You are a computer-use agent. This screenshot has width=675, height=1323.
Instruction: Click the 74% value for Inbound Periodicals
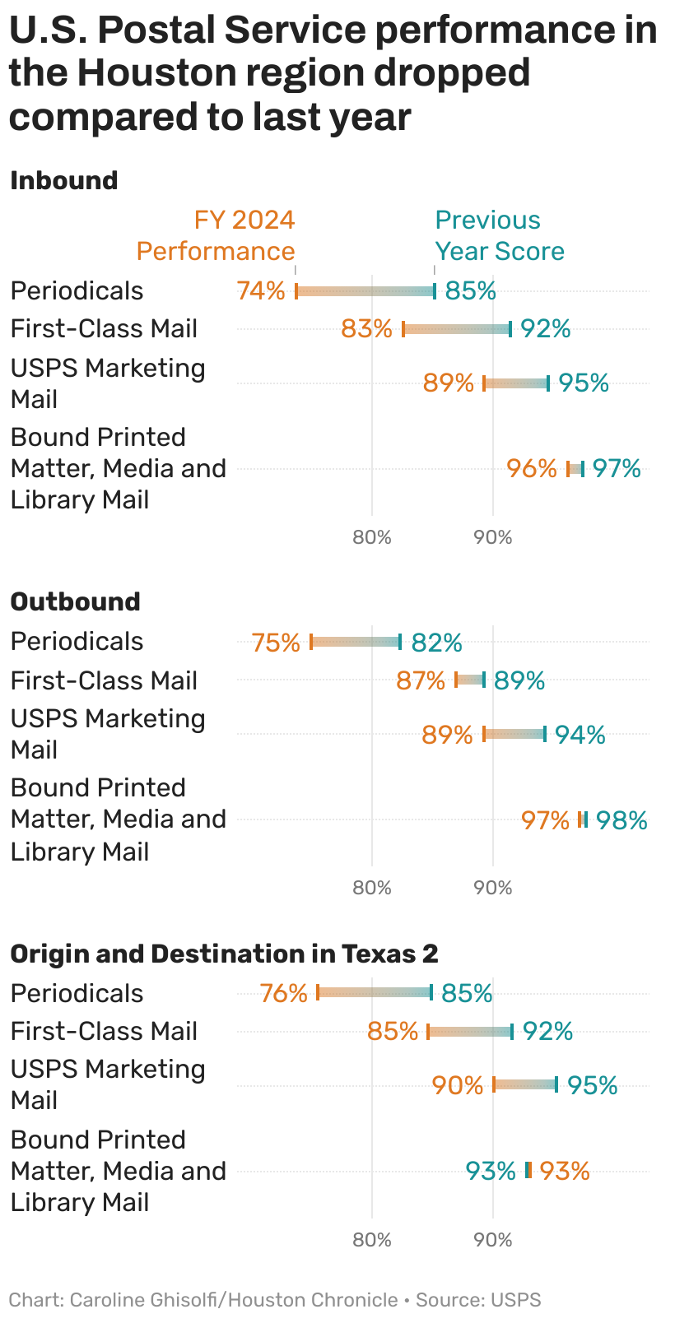click(x=260, y=290)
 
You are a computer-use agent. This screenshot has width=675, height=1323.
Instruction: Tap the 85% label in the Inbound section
click(x=470, y=290)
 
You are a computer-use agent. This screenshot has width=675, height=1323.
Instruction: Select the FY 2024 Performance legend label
click(x=216, y=235)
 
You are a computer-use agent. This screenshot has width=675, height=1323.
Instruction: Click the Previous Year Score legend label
click(x=499, y=235)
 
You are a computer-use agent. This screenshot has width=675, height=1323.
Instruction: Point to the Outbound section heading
click(x=75, y=601)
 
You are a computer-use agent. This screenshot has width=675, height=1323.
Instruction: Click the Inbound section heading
click(x=63, y=180)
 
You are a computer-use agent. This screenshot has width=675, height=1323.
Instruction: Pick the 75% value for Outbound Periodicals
click(x=276, y=642)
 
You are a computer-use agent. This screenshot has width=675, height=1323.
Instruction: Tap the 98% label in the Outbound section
click(x=621, y=820)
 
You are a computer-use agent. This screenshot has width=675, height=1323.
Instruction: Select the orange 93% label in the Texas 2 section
click(x=565, y=1171)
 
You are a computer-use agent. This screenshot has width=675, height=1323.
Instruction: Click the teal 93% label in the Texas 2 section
click(x=491, y=1171)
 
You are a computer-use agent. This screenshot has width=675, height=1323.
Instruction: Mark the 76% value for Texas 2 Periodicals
click(x=283, y=993)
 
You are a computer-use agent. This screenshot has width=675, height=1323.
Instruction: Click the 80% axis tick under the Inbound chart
click(x=372, y=537)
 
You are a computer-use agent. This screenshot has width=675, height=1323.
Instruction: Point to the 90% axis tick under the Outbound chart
click(x=493, y=888)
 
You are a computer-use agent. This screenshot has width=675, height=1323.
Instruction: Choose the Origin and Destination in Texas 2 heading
click(x=224, y=954)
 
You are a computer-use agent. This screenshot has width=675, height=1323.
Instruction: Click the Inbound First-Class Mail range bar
click(x=457, y=329)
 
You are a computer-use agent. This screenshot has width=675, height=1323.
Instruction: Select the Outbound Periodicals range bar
click(x=356, y=642)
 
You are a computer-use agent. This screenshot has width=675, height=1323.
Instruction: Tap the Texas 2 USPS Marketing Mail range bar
click(x=525, y=1084)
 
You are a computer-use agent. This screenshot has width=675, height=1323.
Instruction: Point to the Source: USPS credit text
click(x=478, y=1300)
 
